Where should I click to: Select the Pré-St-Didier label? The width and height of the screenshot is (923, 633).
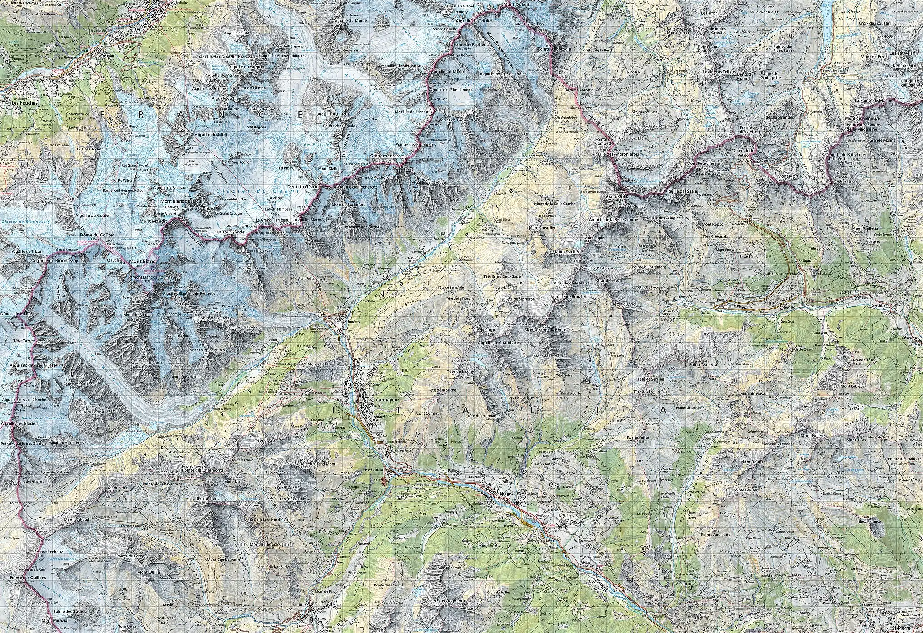point(375,470)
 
